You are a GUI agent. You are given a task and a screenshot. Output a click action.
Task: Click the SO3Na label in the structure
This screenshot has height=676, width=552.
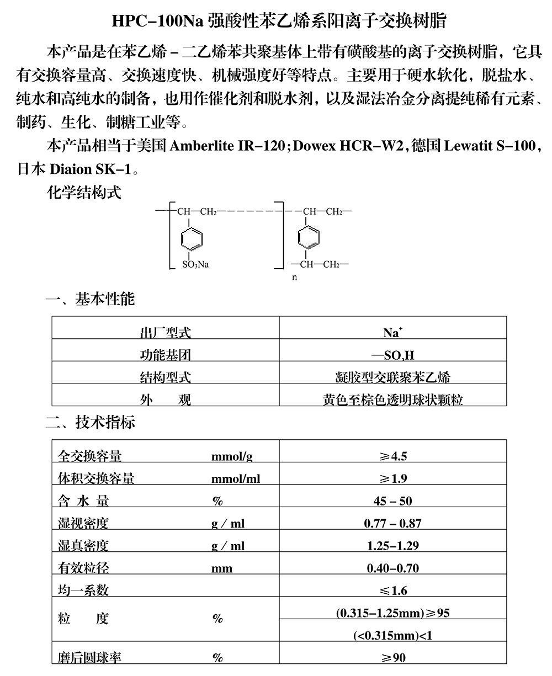[x=195, y=264]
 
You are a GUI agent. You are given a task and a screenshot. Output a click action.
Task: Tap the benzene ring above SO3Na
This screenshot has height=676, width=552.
[x=192, y=238]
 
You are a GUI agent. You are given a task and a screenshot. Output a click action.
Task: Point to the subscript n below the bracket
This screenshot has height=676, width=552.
[x=294, y=278]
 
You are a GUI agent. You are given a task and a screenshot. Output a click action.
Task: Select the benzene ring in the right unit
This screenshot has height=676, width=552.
[x=309, y=238]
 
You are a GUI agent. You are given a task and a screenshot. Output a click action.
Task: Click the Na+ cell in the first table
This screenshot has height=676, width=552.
[x=392, y=333]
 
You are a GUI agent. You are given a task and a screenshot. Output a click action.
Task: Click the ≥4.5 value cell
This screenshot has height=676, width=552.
[x=392, y=456]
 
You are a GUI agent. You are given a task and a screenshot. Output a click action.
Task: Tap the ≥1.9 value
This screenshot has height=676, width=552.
[x=392, y=478]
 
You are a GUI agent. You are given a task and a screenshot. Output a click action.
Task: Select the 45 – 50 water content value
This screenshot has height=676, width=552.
[x=392, y=501]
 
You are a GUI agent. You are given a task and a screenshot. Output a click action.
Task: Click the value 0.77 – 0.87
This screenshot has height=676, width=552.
[x=392, y=523]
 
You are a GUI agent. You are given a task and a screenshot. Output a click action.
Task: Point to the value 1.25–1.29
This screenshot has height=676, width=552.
[x=392, y=546]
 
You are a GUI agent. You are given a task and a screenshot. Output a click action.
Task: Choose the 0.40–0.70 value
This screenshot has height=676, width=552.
[x=392, y=568]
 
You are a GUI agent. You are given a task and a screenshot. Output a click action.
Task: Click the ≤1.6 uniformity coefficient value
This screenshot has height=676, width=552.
[x=392, y=591]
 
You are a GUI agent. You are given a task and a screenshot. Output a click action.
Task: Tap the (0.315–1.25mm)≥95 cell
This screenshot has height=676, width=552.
[x=392, y=613]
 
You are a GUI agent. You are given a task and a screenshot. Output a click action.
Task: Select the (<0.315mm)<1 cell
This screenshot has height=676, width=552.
[x=392, y=636]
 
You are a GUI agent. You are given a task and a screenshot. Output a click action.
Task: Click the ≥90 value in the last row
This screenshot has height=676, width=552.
[x=392, y=658]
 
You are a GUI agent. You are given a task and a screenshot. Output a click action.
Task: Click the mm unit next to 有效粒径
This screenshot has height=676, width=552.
[x=222, y=568]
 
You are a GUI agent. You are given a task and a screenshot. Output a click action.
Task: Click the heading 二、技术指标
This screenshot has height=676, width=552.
[x=90, y=423]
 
